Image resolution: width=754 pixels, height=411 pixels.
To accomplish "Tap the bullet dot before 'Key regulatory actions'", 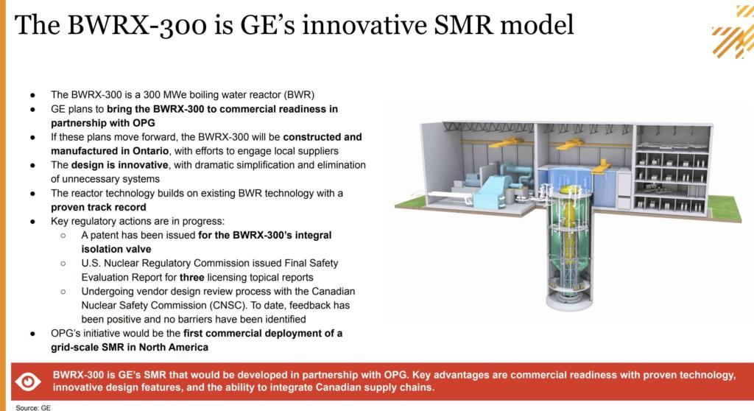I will [x=33, y=222].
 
